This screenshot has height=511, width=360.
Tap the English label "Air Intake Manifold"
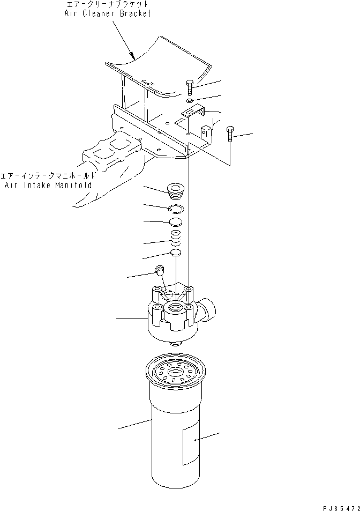48,184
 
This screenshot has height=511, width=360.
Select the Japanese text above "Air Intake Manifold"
48,176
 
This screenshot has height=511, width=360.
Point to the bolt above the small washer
190,87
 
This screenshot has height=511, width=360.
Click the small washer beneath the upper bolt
190,100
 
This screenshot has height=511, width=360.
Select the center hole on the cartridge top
175,371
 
